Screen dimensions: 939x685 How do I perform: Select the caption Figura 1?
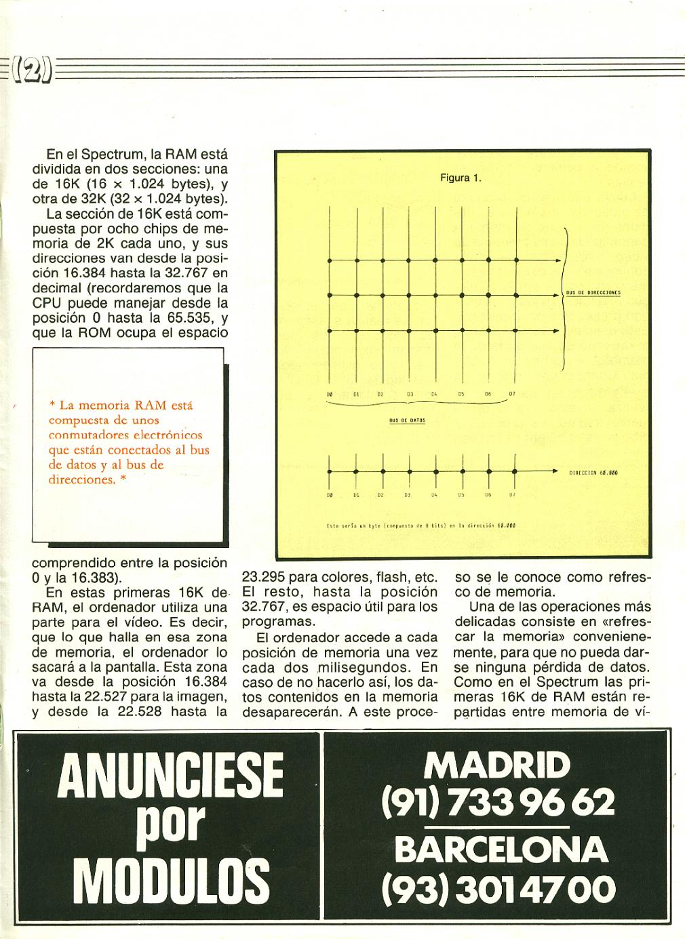[461, 178]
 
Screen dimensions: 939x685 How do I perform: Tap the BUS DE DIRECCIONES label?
[593, 293]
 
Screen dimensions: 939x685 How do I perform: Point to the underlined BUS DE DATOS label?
[407, 420]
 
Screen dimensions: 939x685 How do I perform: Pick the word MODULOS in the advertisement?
[171, 878]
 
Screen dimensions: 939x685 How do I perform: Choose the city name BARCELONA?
[501, 850]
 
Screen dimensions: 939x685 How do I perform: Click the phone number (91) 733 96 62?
[498, 803]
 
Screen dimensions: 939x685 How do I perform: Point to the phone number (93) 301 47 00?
[499, 887]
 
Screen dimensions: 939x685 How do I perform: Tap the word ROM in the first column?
[107, 332]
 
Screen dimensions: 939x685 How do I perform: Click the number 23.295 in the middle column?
[265, 578]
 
